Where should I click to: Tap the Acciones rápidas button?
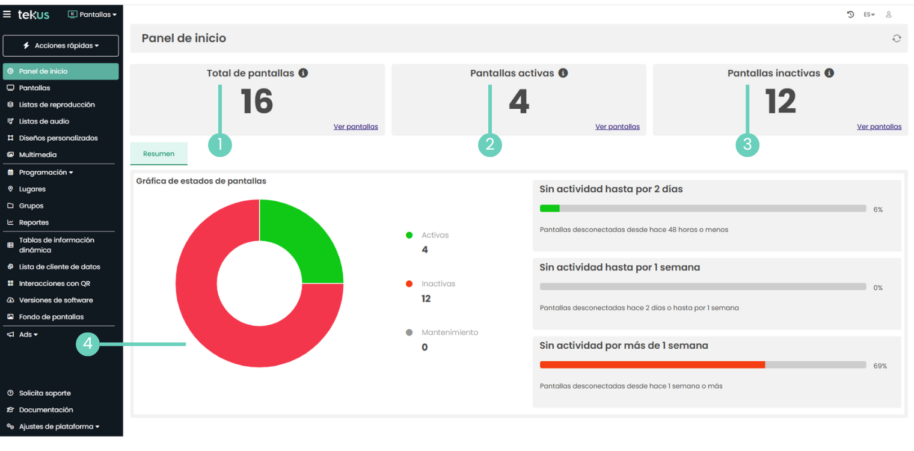click(61, 46)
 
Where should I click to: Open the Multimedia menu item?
click(38, 155)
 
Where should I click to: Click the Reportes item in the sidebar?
click(34, 222)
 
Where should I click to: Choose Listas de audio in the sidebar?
click(44, 121)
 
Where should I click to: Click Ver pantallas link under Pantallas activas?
click(618, 127)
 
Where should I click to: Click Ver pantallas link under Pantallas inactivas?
click(879, 127)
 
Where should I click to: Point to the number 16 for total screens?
click(257, 102)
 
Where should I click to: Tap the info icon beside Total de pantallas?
click(304, 73)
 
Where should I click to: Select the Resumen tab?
click(159, 154)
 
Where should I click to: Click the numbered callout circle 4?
click(88, 344)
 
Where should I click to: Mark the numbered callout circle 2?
click(490, 145)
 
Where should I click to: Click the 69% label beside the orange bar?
click(880, 366)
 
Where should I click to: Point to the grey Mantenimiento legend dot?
click(409, 333)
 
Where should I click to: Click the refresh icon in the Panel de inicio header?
click(897, 38)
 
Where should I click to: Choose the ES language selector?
click(869, 14)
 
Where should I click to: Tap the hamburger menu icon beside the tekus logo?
click(7, 14)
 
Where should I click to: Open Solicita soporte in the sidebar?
click(44, 393)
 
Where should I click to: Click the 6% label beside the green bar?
click(878, 210)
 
